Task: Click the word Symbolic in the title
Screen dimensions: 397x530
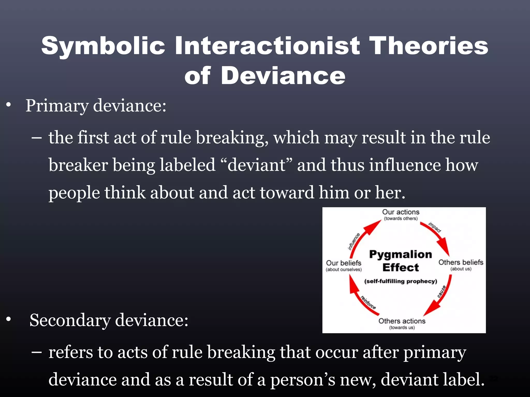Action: point(103,46)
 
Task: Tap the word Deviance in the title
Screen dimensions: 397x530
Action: point(283,75)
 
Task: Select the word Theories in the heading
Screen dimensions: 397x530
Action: point(429,45)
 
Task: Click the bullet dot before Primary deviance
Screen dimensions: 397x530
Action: point(9,105)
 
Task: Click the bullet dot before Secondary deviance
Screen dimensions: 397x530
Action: point(9,319)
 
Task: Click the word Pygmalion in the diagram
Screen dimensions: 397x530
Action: point(400,254)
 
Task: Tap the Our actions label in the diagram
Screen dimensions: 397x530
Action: point(401,212)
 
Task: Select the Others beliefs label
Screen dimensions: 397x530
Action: point(461,262)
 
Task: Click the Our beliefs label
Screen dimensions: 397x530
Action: point(343,263)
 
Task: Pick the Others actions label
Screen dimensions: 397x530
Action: point(402,321)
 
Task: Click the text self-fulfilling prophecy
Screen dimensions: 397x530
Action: point(400,281)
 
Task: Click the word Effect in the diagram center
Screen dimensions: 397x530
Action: point(400,268)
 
